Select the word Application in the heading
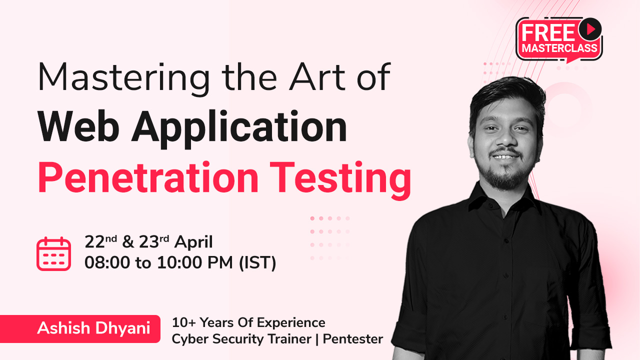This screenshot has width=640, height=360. click(239, 129)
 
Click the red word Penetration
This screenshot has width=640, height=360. click(148, 177)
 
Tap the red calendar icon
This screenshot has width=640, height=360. click(53, 253)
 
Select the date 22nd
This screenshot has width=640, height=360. click(100, 241)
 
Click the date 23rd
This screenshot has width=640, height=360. click(154, 241)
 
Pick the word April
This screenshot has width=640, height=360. click(193, 242)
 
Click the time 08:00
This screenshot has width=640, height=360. click(107, 262)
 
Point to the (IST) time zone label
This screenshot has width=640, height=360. click(257, 263)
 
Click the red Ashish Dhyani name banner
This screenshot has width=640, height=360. click(80, 328)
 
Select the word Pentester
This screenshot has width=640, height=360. click(353, 339)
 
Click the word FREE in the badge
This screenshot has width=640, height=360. click(548, 33)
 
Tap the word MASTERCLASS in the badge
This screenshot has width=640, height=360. click(559, 48)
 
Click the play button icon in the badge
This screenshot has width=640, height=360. click(590, 29)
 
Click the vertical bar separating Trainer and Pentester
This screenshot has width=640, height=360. click(317, 339)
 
